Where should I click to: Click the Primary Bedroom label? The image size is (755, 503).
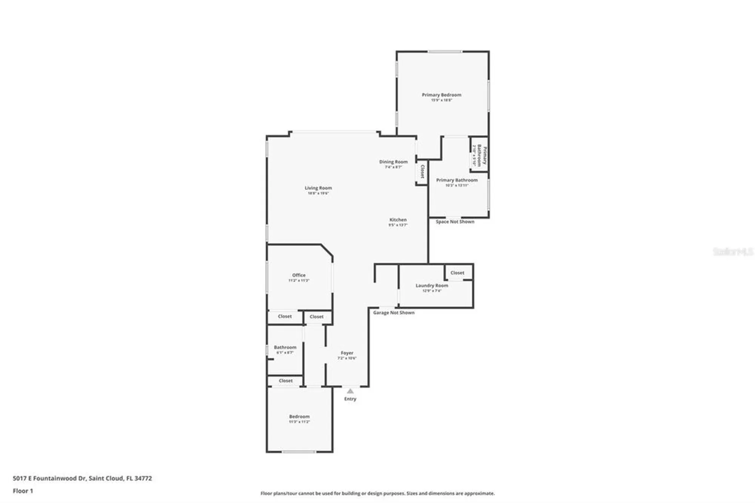tap(441, 95)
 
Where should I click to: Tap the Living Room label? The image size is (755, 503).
tap(318, 188)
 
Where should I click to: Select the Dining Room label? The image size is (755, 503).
tap(393, 162)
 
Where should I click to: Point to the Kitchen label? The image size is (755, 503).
tap(398, 220)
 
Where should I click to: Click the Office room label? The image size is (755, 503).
tap(299, 275)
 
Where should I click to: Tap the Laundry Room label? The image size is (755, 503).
tap(431, 286)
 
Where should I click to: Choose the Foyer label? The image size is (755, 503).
tap(347, 353)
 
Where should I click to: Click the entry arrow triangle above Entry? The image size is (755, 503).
tap(350, 391)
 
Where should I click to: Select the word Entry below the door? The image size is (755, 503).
tap(350, 399)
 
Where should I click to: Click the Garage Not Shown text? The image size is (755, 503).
tap(394, 313)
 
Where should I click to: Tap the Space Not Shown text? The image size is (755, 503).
tap(455, 222)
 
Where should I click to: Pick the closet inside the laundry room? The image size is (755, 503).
tap(457, 273)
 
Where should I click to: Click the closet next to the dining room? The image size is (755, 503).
tap(422, 171)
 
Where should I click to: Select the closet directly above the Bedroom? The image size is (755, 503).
tap(285, 381)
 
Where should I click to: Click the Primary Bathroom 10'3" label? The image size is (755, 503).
tap(457, 181)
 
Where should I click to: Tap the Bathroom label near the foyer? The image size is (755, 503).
tap(285, 347)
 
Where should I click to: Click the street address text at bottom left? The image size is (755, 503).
tap(82, 478)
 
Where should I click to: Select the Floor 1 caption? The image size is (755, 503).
tap(23, 491)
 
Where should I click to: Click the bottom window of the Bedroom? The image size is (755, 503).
tap(299, 452)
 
